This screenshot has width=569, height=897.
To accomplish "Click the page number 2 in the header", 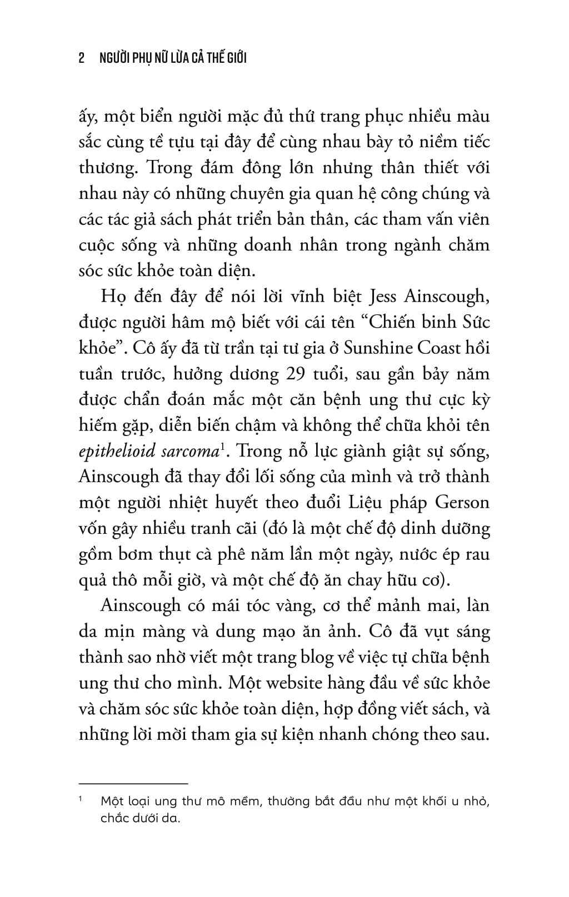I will tap(82, 58).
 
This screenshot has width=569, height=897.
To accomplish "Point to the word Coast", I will tap(441, 348).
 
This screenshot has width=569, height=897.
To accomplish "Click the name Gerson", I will tap(462, 503).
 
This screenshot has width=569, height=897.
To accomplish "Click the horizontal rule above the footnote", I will tap(134, 784).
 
